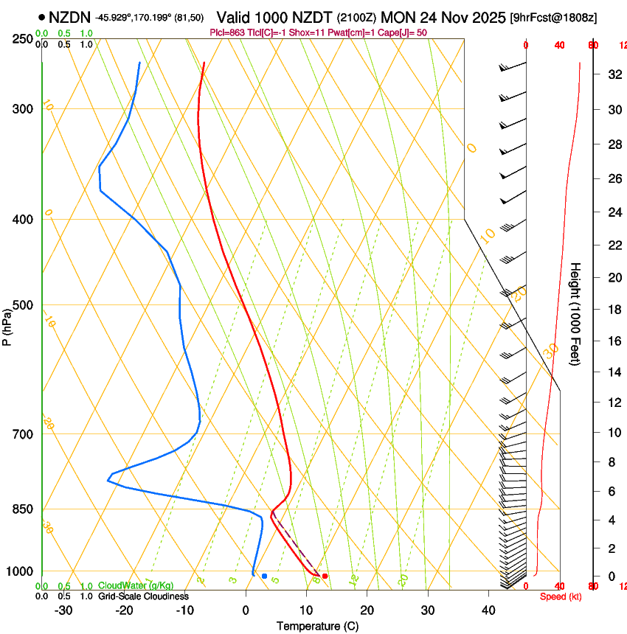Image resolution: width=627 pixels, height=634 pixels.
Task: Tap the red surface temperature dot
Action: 325,576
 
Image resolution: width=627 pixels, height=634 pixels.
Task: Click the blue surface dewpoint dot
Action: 264,576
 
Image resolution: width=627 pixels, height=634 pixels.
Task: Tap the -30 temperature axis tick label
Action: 63,610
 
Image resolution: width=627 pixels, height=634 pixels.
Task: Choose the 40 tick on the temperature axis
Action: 488,610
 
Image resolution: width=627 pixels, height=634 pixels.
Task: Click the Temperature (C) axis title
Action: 317,626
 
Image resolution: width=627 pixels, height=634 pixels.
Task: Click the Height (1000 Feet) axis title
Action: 575,313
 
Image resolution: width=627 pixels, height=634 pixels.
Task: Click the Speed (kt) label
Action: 561,596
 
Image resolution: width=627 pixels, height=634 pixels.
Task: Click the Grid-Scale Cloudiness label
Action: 143,596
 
